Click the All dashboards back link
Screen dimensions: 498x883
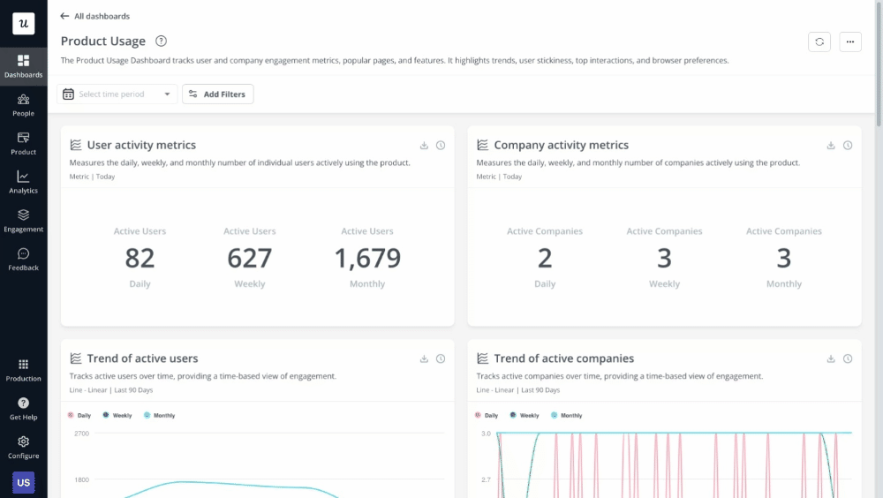(x=94, y=16)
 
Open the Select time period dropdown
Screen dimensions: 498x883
(x=117, y=94)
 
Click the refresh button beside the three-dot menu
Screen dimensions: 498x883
(x=819, y=41)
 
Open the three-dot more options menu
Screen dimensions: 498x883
(x=850, y=41)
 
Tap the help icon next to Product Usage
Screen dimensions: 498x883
(x=161, y=41)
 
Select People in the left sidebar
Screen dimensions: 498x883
(x=24, y=105)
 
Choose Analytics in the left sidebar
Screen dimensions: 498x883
(x=24, y=182)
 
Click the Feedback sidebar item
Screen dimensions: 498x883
(x=24, y=259)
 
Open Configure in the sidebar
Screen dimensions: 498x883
(x=24, y=447)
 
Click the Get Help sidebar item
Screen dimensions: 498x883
(x=24, y=408)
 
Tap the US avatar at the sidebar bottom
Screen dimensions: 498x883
(x=24, y=482)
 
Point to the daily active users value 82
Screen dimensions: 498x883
(x=140, y=258)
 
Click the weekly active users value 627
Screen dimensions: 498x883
(x=250, y=258)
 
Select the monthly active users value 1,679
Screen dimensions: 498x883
(x=367, y=258)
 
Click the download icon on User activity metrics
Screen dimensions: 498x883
(x=424, y=146)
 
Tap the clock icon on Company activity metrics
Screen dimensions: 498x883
(x=848, y=146)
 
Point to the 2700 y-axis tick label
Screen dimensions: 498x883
(x=81, y=434)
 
